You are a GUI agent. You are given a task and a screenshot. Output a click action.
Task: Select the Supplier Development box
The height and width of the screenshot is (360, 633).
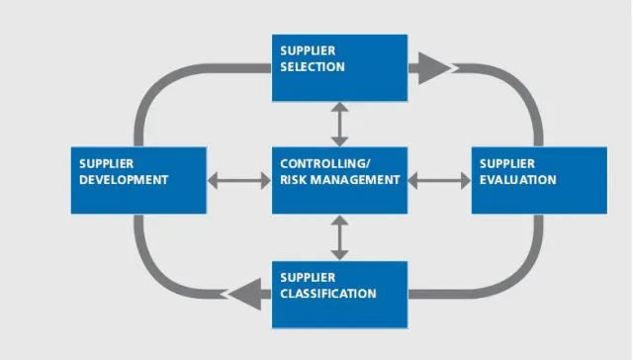[138, 180]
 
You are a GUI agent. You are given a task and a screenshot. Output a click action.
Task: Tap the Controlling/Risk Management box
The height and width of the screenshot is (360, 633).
[339, 180]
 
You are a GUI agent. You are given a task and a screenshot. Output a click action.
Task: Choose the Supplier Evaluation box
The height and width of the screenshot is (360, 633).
[538, 180]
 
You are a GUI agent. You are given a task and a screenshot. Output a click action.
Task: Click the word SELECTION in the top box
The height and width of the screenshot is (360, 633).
[312, 67]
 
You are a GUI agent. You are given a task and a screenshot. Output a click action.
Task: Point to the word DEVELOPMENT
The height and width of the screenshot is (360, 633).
[125, 180]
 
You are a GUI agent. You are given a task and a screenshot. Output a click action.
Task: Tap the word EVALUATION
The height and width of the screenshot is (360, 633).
[517, 180]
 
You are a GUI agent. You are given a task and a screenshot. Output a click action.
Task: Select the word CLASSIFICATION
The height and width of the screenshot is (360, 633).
[327, 294]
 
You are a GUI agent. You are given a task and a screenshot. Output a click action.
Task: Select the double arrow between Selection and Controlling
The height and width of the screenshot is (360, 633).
[339, 124]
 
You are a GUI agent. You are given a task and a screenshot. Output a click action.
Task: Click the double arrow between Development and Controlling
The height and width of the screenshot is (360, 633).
[239, 181]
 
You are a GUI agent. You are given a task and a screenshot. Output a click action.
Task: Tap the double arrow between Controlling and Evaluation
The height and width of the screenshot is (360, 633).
[439, 181]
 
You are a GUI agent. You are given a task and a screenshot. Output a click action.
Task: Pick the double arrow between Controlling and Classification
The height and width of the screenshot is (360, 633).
[339, 237]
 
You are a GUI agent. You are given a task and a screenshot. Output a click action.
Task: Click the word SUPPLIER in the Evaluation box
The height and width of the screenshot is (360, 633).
[507, 163]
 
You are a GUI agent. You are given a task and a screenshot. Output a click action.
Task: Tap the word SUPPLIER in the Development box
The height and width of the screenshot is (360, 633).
[107, 163]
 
